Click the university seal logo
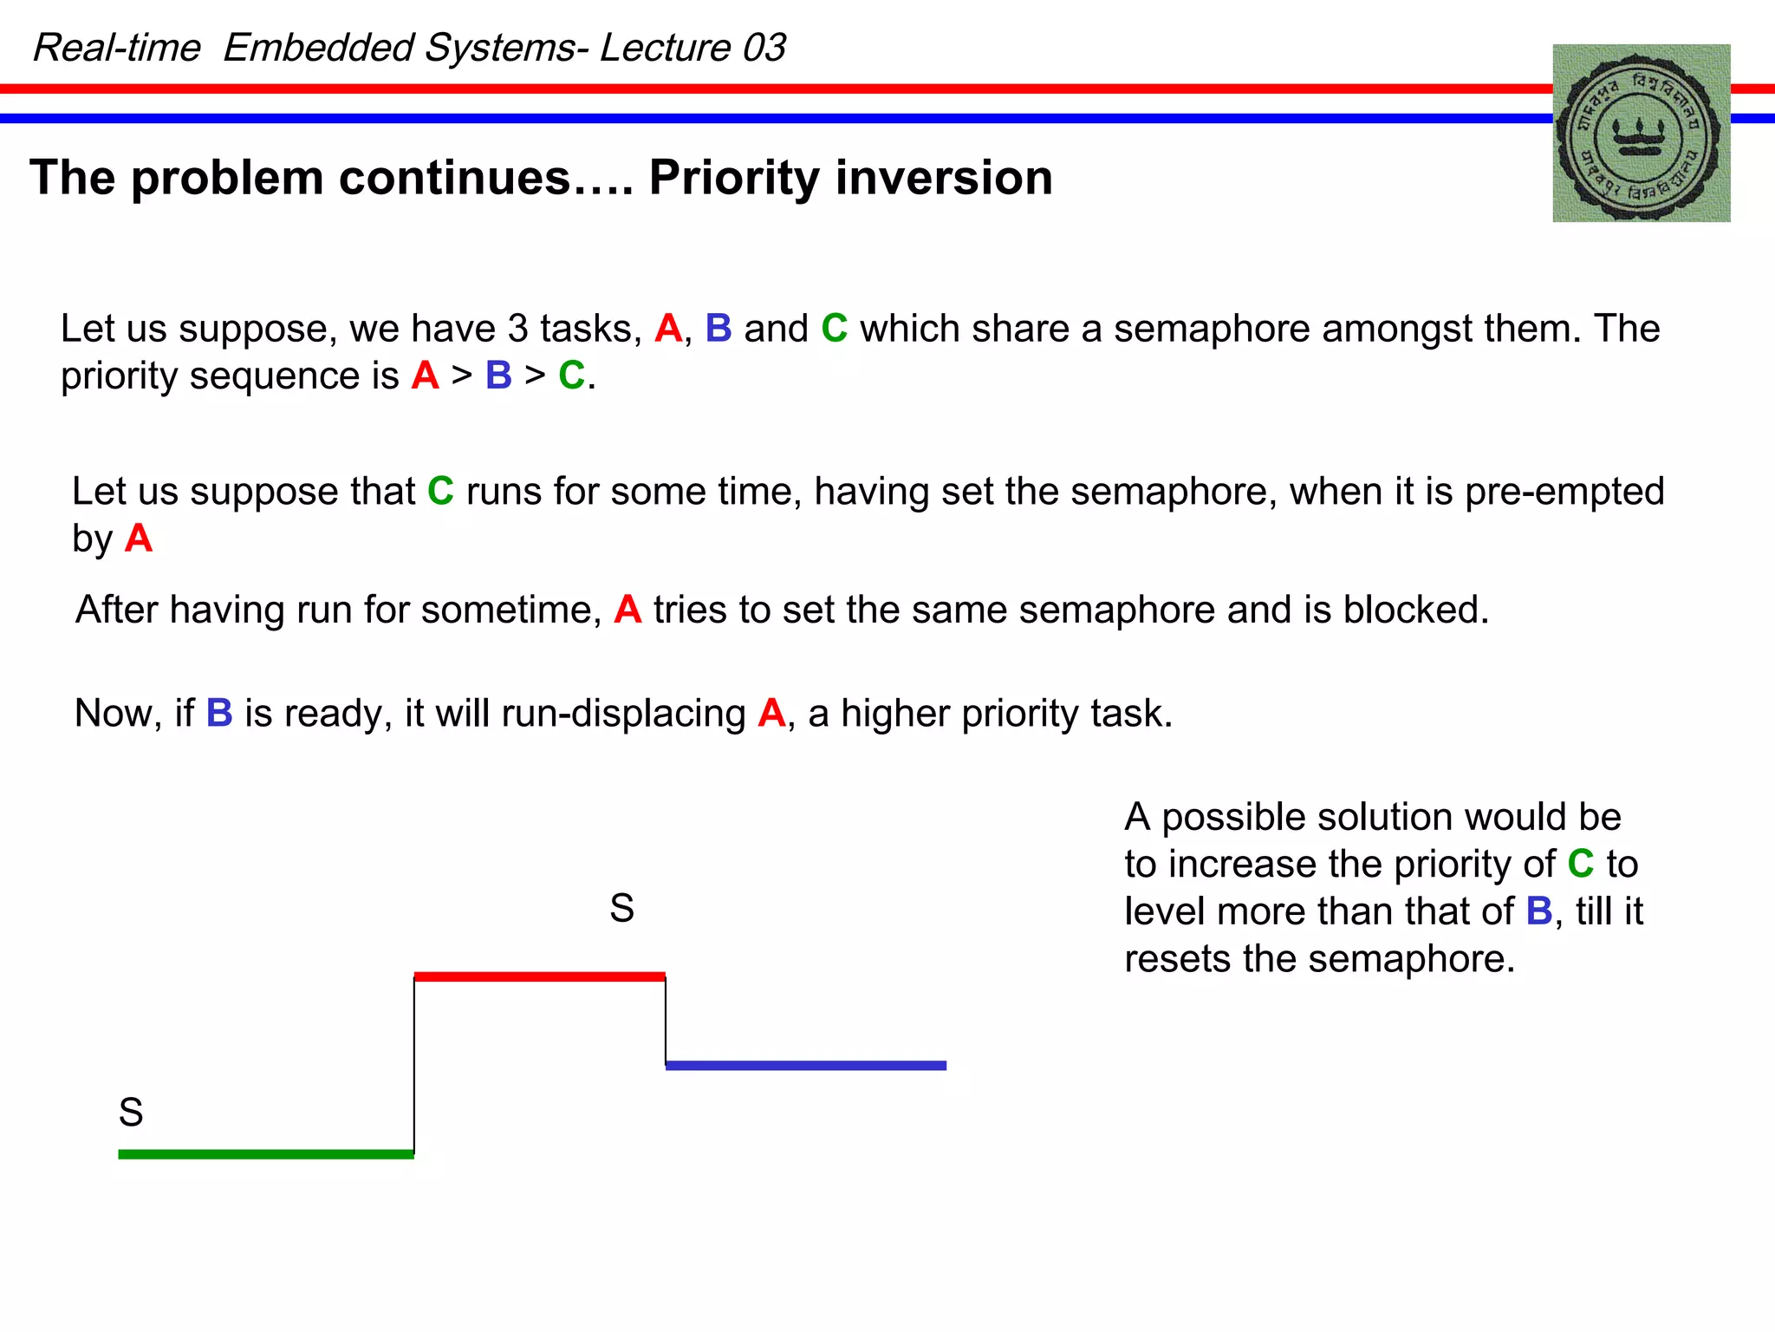coord(1641,134)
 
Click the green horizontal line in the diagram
coord(266,1154)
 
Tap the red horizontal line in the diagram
coord(539,976)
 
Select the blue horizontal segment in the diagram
coord(805,1066)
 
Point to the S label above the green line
coord(131,1113)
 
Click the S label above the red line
coord(621,909)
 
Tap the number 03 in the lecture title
coord(764,48)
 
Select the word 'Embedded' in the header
coord(318,48)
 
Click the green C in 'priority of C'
coord(1581,864)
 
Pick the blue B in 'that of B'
coord(1539,911)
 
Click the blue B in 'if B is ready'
coord(219,714)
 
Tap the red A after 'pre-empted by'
coord(139,539)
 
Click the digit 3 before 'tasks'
coord(517,330)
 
